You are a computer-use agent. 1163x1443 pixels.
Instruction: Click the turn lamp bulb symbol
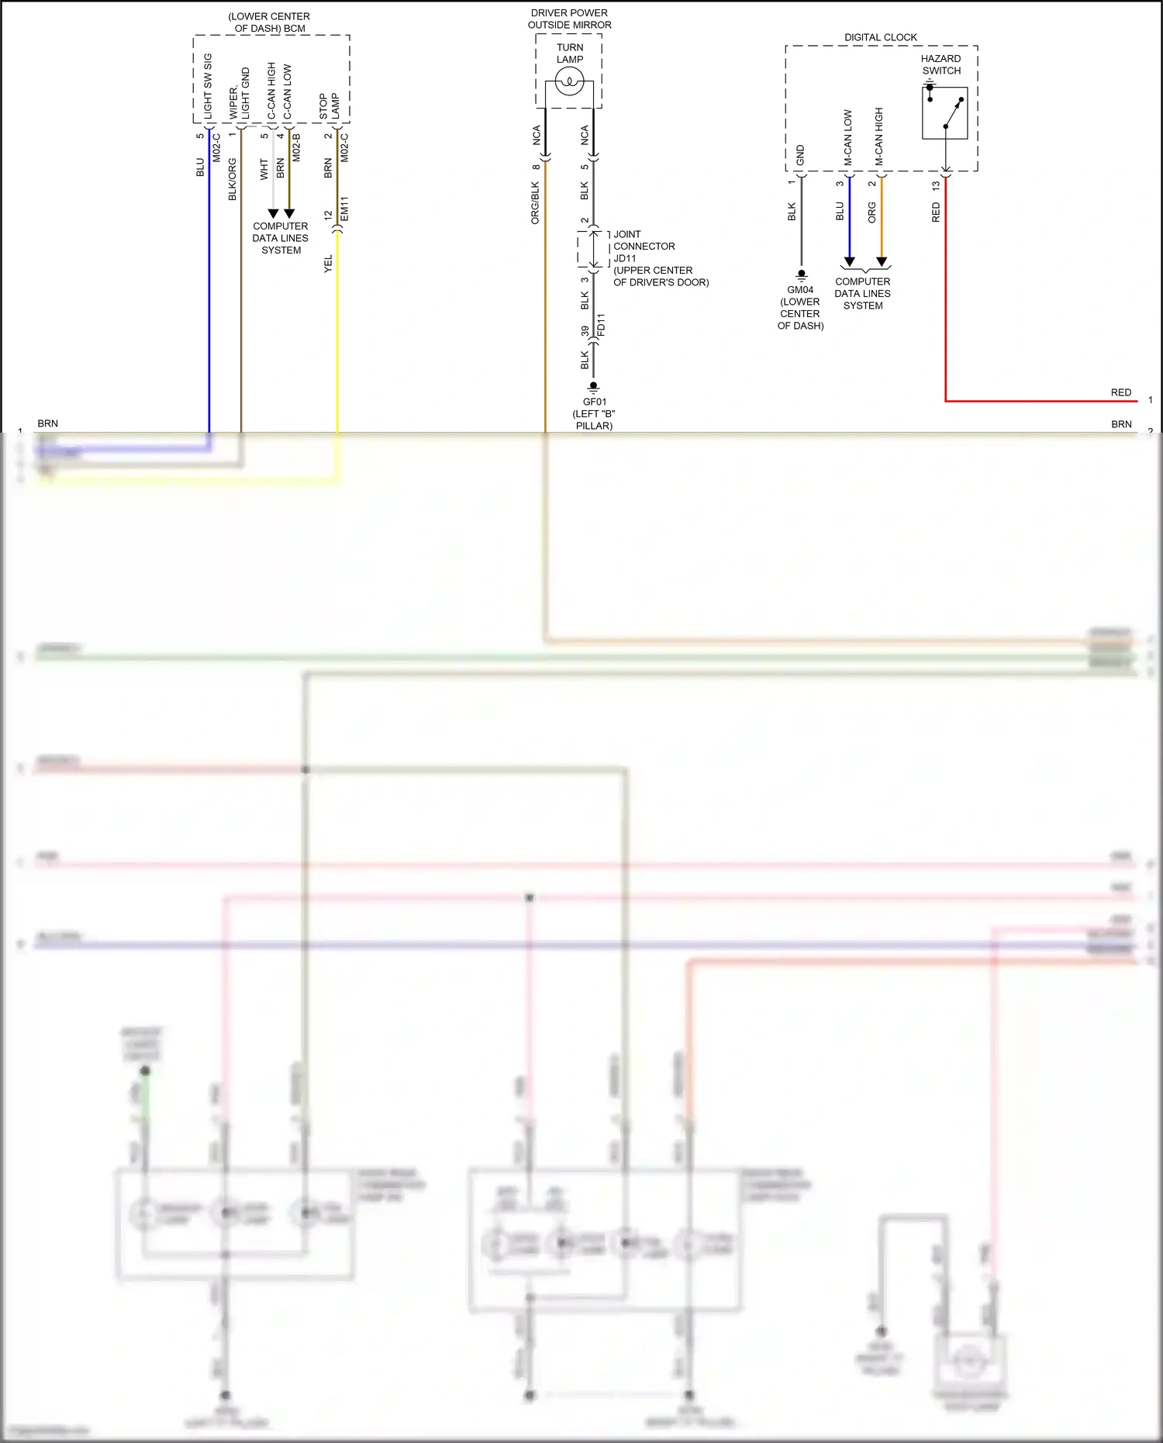point(569,81)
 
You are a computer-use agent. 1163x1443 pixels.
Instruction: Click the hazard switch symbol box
point(944,112)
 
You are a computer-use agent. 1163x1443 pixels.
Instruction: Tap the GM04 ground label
point(800,290)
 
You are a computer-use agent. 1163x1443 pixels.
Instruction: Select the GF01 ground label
point(594,402)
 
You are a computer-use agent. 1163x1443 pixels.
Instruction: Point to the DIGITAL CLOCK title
point(880,37)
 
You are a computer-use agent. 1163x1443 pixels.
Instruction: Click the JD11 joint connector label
point(625,258)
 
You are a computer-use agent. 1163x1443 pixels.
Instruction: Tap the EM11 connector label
point(344,209)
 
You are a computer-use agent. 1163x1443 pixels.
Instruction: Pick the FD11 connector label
point(600,325)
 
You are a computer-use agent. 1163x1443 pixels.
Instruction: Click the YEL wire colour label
point(328,264)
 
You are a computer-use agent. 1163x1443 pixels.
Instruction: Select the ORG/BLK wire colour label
point(535,203)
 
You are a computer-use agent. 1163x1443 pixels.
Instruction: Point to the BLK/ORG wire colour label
point(233,180)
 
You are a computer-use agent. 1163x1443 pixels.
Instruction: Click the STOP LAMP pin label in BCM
point(330,107)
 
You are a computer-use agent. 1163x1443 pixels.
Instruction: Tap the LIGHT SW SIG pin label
point(208,87)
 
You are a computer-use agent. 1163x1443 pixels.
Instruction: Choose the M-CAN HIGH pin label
point(878,136)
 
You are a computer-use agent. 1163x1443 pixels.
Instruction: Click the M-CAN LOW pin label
point(847,137)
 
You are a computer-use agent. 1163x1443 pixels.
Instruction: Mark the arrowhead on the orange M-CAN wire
point(882,262)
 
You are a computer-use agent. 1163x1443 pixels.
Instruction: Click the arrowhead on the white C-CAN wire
point(273,213)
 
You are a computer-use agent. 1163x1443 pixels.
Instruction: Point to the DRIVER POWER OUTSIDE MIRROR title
point(569,19)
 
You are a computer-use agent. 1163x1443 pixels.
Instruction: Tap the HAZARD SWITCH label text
point(941,64)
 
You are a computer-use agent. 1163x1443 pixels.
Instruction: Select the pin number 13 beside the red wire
point(936,186)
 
